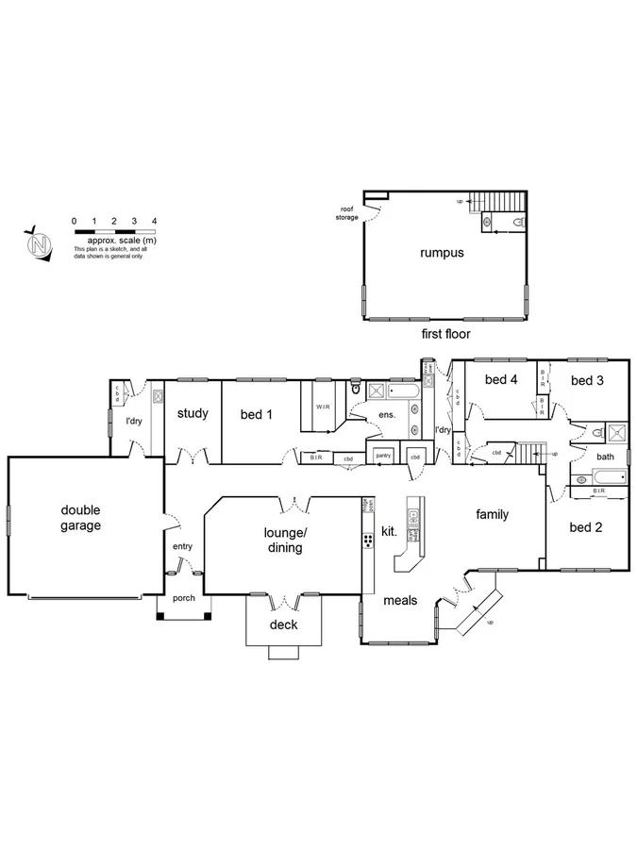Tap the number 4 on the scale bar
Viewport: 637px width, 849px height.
coord(154,221)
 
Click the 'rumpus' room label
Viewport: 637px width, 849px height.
coord(442,253)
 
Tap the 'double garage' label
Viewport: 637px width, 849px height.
coord(80,518)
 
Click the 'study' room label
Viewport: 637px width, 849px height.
coord(193,413)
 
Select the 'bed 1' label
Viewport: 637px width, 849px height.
coord(256,413)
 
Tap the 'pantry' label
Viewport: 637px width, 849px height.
coord(382,456)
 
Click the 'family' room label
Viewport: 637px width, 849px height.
coord(492,514)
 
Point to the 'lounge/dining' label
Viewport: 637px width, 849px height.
coord(283,540)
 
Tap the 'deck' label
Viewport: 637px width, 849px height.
coord(283,624)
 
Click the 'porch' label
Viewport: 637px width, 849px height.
coord(183,598)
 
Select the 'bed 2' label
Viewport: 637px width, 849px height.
coord(586,527)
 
